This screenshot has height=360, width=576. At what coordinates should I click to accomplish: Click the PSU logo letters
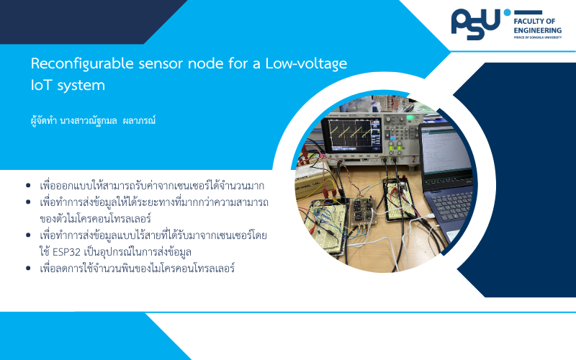coord(476,24)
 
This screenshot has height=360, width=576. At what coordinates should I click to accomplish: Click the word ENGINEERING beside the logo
coord(537,30)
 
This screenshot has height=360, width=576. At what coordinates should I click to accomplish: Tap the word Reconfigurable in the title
coord(82,64)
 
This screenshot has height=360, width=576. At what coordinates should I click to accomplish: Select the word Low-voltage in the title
coord(306,64)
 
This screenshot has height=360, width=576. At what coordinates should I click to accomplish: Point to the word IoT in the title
coord(42,85)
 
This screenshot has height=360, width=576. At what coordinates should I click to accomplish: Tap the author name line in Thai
coord(94,120)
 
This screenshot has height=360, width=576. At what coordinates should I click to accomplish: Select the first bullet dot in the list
coord(28,186)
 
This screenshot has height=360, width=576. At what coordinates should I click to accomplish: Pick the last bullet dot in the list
coord(28,269)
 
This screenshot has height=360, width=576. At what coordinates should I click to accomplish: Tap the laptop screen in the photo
coord(446,150)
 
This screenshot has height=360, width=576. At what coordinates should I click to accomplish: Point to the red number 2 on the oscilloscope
coord(414,159)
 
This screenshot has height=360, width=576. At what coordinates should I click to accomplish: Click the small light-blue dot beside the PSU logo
coord(508,12)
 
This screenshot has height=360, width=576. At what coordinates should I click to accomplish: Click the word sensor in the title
coord(160,64)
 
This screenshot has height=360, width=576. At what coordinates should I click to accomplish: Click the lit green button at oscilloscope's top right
coord(409,117)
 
